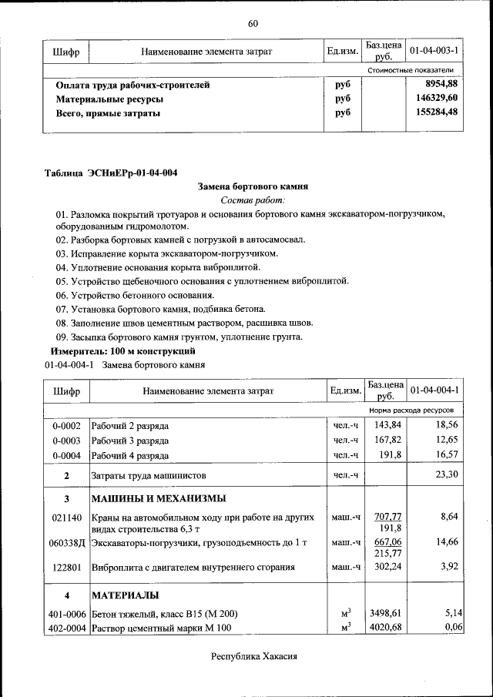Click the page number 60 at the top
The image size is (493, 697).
(x=253, y=23)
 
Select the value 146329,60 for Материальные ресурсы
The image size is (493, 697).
(x=438, y=98)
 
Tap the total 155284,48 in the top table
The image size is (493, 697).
(x=438, y=112)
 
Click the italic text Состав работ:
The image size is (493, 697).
(x=253, y=199)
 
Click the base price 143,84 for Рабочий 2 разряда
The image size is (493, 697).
(x=387, y=425)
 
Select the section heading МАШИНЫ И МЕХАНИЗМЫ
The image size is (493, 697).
(x=159, y=498)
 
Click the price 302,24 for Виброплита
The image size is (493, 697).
(x=387, y=568)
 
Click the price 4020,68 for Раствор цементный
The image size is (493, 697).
(x=387, y=628)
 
